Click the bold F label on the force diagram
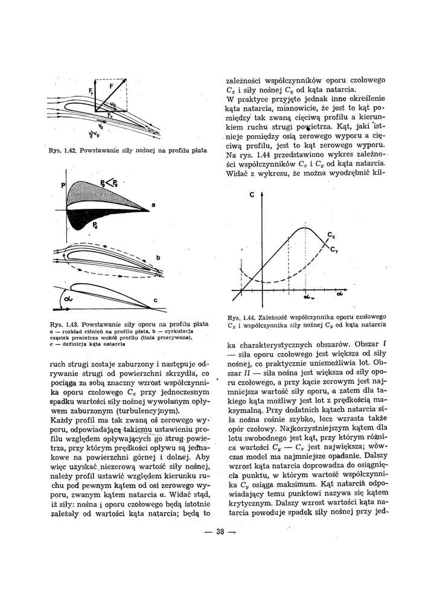pyautogui.click(x=111, y=87)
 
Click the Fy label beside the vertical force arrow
pyautogui.click(x=91, y=92)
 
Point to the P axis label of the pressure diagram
pyautogui.click(x=62, y=187)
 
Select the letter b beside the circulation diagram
pyautogui.click(x=158, y=258)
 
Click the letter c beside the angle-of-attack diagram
pyautogui.click(x=155, y=299)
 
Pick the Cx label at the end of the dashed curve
pyautogui.click(x=331, y=234)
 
